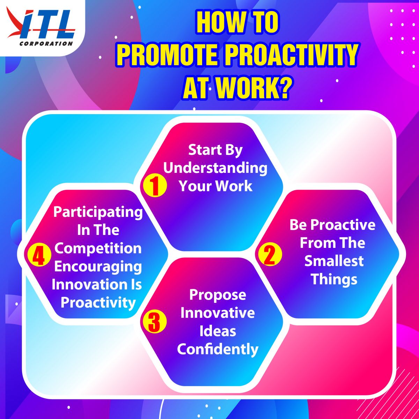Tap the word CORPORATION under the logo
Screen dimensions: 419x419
coord(46,44)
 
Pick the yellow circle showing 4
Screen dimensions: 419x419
coord(39,255)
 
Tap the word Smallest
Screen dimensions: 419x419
coord(334,261)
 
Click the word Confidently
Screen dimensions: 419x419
coord(218,349)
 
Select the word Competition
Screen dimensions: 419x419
coord(98,249)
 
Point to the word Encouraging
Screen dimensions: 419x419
coord(98,267)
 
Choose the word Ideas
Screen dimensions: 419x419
coord(218,331)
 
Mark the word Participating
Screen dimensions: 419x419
coord(98,212)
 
